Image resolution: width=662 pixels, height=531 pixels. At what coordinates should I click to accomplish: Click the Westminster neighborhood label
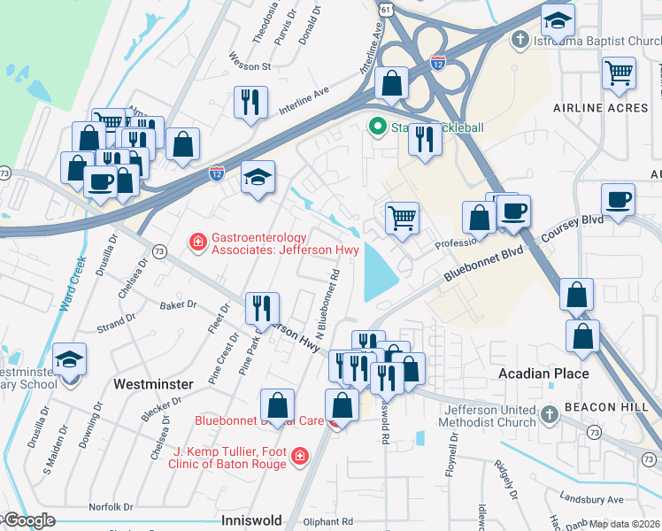tap(154, 384)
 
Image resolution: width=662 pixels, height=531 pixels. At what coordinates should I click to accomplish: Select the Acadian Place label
tap(543, 373)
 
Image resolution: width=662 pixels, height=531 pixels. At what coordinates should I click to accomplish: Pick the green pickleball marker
tap(379, 127)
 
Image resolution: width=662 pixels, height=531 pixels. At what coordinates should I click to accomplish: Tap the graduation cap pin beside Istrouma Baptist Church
tap(558, 19)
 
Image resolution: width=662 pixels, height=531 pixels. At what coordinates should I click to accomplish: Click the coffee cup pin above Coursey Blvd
tap(618, 199)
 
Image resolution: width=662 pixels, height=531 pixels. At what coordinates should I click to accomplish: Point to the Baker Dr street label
tap(178, 305)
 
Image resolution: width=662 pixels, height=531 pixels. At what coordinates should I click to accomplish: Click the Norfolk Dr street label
tap(111, 507)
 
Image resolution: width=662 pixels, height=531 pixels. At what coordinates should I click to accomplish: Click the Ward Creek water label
tap(73, 284)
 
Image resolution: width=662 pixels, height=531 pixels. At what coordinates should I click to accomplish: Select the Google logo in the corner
tap(30, 520)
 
